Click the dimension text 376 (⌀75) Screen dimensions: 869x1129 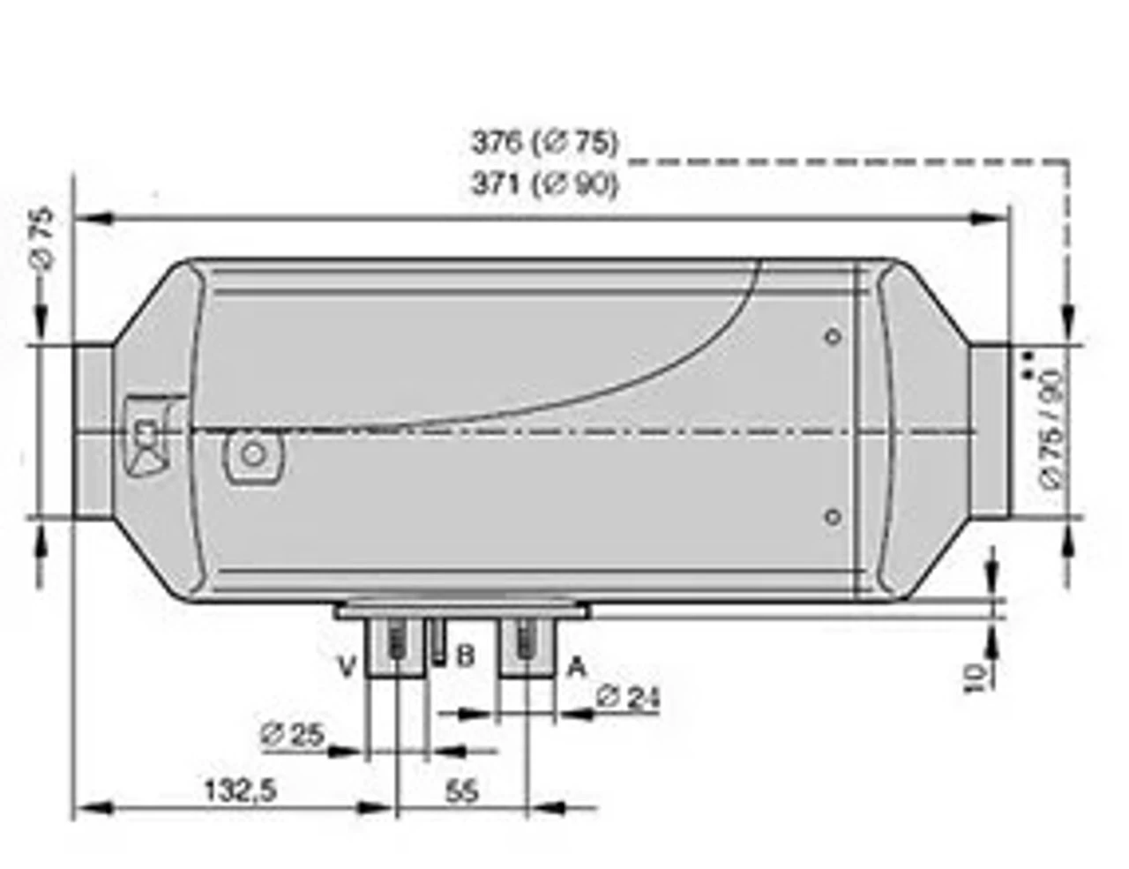tap(544, 142)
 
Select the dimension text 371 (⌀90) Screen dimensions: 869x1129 tap(544, 184)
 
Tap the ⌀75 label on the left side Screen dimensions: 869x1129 tap(41, 236)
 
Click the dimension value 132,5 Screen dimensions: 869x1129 tap(241, 790)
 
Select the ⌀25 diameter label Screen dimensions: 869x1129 tap(293, 734)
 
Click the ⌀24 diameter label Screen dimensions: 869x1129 tap(627, 697)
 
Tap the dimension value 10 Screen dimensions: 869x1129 tap(975, 678)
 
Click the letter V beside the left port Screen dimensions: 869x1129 tap(348, 666)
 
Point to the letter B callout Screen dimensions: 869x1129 tap(466, 656)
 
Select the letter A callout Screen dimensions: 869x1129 tap(576, 666)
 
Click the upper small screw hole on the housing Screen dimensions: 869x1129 tap(833, 336)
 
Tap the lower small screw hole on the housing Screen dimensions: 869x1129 tap(833, 517)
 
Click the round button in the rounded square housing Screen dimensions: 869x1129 tap(254, 454)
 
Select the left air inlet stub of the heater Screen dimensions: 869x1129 tap(92, 431)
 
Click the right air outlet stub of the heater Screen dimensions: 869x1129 tap(990, 430)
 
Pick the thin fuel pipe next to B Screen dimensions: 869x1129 tap(437, 640)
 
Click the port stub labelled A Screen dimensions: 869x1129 tap(527, 648)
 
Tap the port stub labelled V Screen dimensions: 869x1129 tap(396, 648)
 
